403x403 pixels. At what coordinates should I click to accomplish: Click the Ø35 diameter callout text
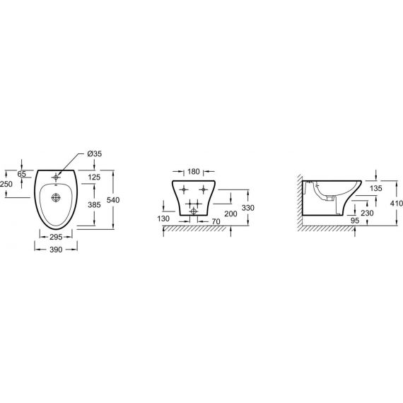(x=95, y=153)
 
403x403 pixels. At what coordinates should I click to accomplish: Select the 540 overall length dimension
(x=113, y=199)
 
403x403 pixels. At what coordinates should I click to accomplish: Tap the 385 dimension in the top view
(x=94, y=204)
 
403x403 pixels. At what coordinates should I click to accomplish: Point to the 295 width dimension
(x=56, y=237)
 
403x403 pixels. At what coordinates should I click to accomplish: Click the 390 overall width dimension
(x=56, y=250)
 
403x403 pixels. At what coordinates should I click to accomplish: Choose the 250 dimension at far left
(x=6, y=184)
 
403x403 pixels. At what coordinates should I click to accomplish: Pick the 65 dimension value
(x=22, y=174)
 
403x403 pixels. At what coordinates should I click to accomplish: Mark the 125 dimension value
(x=94, y=177)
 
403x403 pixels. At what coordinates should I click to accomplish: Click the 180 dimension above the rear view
(x=194, y=171)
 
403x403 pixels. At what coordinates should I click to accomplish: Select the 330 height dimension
(x=248, y=208)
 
